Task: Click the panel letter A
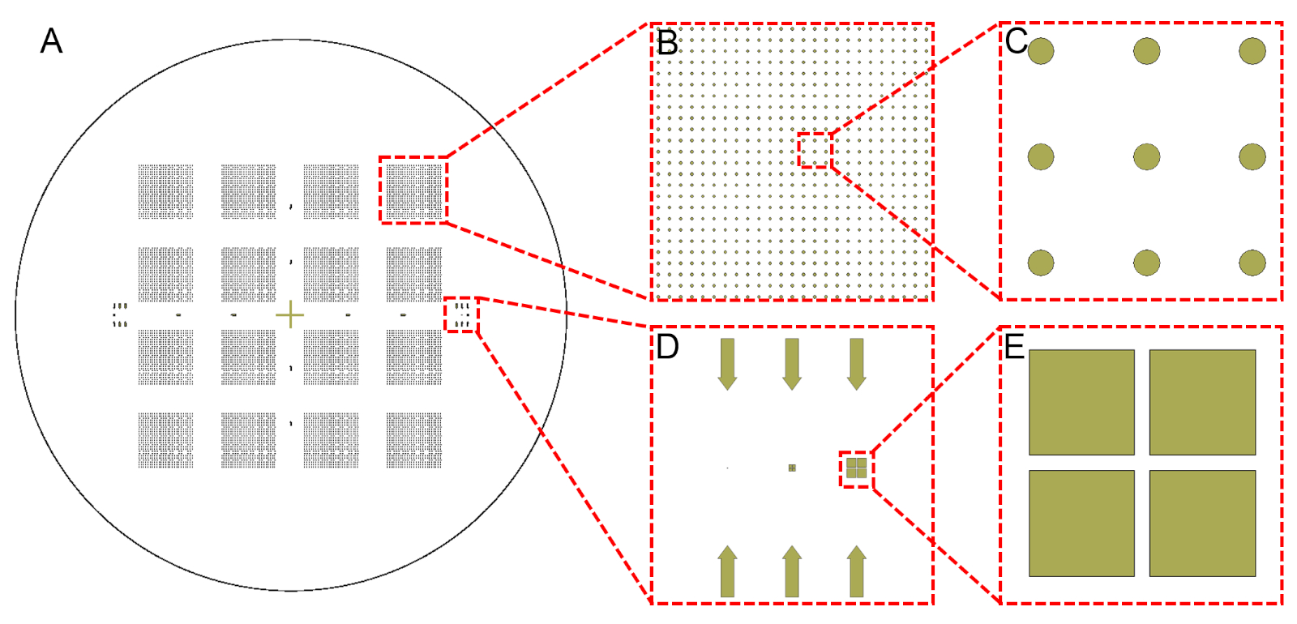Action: pyautogui.click(x=51, y=41)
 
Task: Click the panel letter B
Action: pyautogui.click(x=667, y=43)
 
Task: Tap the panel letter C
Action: pyautogui.click(x=1016, y=41)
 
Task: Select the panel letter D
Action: pyautogui.click(x=667, y=347)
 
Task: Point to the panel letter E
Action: pyautogui.click(x=1015, y=347)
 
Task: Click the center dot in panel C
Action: pyautogui.click(x=1146, y=156)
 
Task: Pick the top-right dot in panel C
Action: pyautogui.click(x=1252, y=51)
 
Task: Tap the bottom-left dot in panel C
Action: pyautogui.click(x=1041, y=263)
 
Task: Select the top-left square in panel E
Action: pyautogui.click(x=1081, y=402)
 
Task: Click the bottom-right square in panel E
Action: pyautogui.click(x=1202, y=524)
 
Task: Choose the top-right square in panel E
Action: pyautogui.click(x=1202, y=402)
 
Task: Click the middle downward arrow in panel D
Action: pyautogui.click(x=792, y=364)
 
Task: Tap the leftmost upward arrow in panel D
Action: pyautogui.click(x=727, y=571)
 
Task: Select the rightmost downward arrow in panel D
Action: pyautogui.click(x=856, y=364)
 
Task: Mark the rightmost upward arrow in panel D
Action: pyautogui.click(x=856, y=571)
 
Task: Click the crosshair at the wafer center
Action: pyautogui.click(x=289, y=314)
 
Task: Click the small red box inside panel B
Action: pyautogui.click(x=815, y=150)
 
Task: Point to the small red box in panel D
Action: pyautogui.click(x=856, y=468)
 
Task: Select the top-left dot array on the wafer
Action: pyautogui.click(x=165, y=191)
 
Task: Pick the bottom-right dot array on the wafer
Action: pyautogui.click(x=413, y=440)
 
